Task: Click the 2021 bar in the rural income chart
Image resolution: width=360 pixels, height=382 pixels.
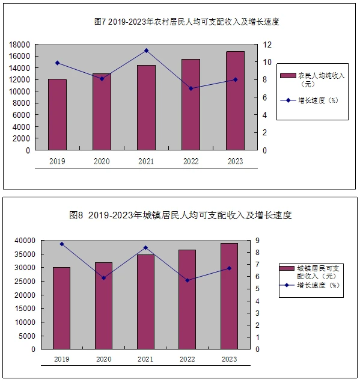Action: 146,108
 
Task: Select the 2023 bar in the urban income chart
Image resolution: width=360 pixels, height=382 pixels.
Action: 229,296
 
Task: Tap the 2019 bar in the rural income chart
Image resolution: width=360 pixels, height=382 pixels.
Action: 57,114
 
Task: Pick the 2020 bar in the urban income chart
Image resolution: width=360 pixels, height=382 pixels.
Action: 104,306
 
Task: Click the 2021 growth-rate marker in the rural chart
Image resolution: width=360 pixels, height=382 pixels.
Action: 146,51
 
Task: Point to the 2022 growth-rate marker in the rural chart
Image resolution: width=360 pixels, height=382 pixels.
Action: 191,88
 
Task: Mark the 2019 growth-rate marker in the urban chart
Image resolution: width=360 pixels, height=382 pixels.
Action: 62,244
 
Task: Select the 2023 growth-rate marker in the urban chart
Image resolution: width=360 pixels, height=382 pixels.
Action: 230,268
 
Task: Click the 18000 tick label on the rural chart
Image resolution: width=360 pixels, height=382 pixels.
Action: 19,45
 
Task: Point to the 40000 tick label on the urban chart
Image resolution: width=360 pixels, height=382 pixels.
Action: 25,241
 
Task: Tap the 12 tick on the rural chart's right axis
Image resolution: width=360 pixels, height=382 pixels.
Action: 267,45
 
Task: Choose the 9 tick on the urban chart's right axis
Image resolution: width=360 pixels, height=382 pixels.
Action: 257,241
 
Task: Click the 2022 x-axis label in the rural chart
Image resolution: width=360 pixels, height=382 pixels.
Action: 191,161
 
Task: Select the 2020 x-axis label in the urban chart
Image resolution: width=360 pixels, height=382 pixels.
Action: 104,359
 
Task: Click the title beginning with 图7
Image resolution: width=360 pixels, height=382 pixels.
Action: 186,22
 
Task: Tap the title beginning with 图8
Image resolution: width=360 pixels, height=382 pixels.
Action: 180,215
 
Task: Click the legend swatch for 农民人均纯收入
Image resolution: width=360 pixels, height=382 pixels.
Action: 288,76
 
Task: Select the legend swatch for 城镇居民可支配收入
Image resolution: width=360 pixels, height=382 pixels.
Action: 287,268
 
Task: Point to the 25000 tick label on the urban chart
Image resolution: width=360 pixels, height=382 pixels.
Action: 25,282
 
